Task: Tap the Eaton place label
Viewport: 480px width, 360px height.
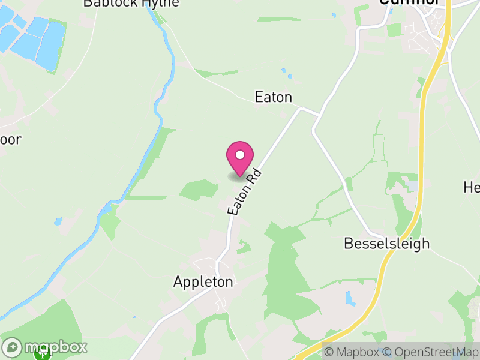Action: [x=273, y=97]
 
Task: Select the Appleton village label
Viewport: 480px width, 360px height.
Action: [x=203, y=281]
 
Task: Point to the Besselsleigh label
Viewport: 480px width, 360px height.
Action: [x=386, y=244]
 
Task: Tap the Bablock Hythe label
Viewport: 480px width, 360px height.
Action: [x=131, y=3]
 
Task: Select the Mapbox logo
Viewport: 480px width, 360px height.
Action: [x=45, y=347]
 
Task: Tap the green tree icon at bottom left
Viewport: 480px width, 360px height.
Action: [x=42, y=355]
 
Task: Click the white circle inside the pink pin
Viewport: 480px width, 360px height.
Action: [x=239, y=155]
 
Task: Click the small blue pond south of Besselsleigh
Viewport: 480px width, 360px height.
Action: [x=350, y=298]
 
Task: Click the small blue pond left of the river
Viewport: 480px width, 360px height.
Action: [x=58, y=221]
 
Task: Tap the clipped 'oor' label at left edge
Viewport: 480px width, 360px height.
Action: [x=11, y=140]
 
